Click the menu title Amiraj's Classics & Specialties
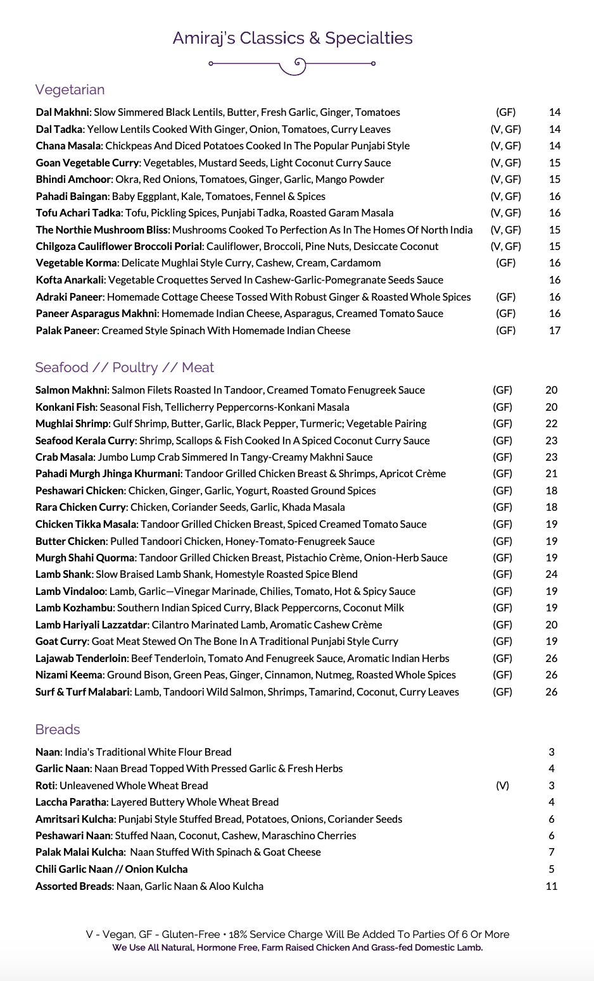click(293, 38)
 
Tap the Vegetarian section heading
click(70, 90)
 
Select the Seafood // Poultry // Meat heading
click(125, 368)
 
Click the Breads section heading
click(58, 730)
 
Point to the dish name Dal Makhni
click(63, 113)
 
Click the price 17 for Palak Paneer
click(555, 330)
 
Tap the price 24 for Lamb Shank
click(552, 575)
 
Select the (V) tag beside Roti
click(502, 785)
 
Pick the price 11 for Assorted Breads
click(552, 886)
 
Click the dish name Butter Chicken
click(70, 541)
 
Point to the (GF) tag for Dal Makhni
click(505, 113)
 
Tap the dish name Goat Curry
click(61, 641)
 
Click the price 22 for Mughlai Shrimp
click(552, 423)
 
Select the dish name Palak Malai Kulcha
click(79, 852)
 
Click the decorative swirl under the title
click(293, 65)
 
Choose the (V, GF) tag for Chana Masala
click(505, 146)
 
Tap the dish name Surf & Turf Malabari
click(83, 692)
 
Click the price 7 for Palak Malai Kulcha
click(552, 852)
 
